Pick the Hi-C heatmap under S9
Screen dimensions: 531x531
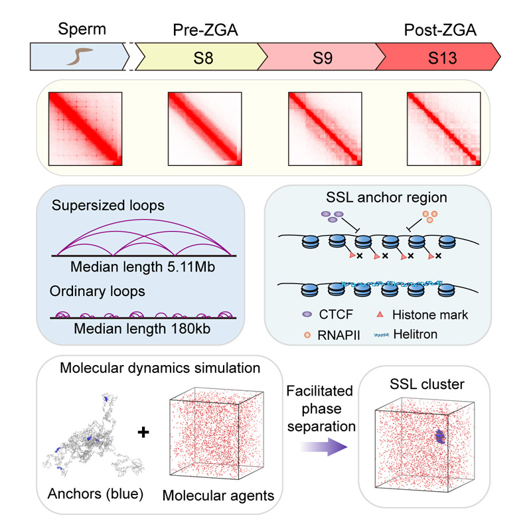pyautogui.click(x=323, y=126)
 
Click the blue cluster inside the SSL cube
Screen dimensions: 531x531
pyautogui.click(x=440, y=437)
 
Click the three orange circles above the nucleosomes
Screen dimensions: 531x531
pyautogui.click(x=431, y=216)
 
